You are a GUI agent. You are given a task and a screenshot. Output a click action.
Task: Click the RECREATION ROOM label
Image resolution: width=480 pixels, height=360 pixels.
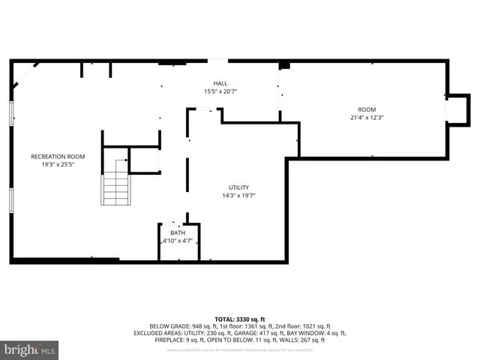pos(58,156)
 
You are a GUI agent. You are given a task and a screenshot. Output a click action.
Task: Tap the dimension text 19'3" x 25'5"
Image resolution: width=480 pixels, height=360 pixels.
pos(58,164)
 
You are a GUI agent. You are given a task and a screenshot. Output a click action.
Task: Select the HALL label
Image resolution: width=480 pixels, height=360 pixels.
pos(220,83)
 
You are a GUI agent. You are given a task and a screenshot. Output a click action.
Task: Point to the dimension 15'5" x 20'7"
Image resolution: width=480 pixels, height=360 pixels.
pos(220,91)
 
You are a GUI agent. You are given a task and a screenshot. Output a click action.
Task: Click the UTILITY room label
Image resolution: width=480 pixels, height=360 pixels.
pos(238,187)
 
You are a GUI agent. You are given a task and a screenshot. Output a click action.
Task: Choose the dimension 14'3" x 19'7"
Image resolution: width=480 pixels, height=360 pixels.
pos(238,196)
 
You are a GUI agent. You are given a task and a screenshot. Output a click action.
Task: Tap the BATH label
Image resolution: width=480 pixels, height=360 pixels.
pos(178,232)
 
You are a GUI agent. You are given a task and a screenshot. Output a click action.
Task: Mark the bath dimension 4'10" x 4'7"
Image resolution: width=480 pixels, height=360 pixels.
pos(178,241)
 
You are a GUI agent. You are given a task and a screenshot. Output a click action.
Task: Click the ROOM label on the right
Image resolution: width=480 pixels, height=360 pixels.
pos(366,109)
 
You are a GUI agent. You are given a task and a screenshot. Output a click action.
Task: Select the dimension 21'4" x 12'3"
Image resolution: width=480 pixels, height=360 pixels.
pos(366,118)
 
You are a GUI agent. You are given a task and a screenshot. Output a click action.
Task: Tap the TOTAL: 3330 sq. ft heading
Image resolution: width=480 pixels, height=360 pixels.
pos(239,319)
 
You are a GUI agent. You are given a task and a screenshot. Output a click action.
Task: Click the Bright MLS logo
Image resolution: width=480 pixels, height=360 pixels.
pos(29,349)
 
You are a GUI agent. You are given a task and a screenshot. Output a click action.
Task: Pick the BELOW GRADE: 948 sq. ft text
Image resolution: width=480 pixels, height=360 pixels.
pos(181,326)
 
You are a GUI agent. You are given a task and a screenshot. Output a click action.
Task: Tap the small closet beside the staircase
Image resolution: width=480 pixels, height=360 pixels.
pos(144,160)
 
